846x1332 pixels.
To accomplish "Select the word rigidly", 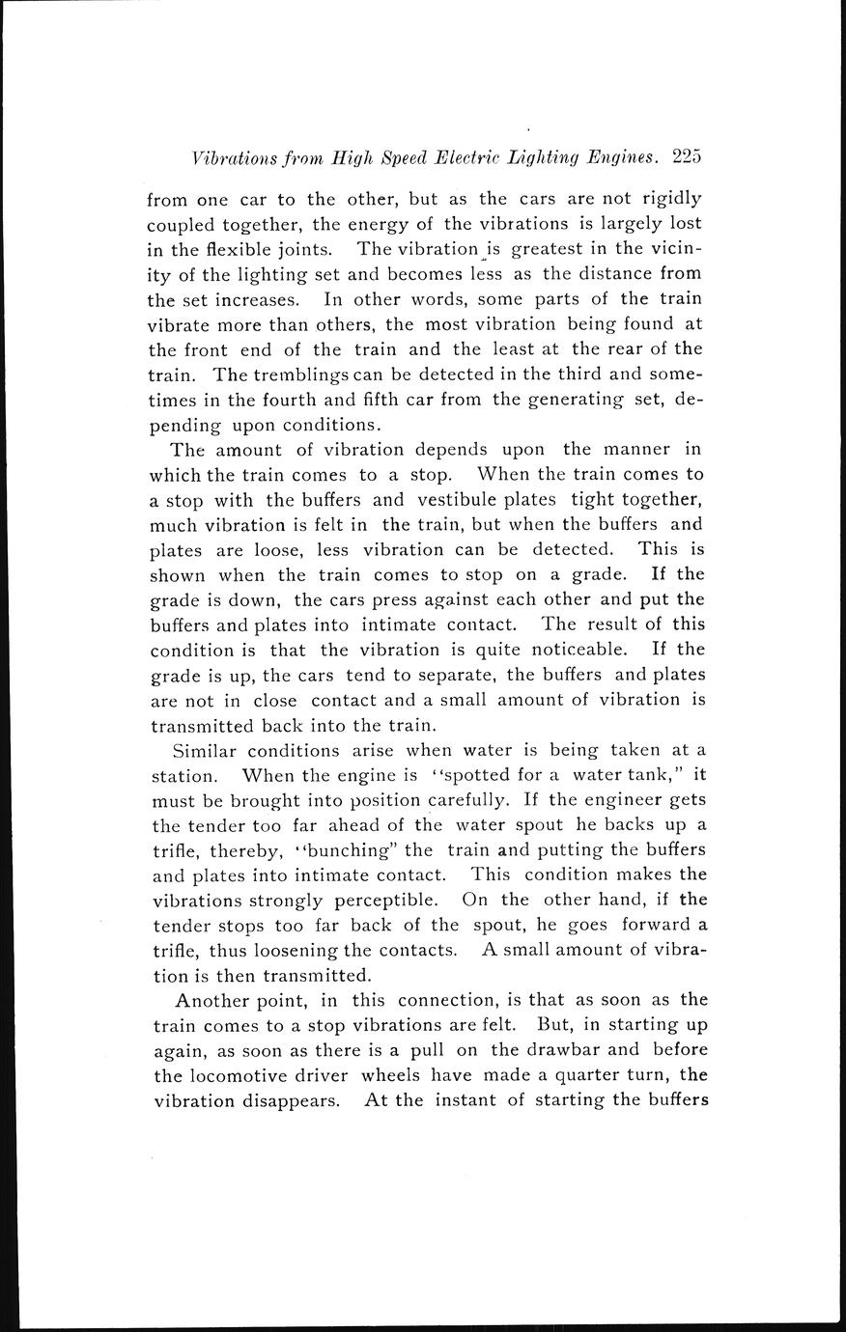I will [669, 199].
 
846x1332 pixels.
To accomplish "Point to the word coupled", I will [183, 224].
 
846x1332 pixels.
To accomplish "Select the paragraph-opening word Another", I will [211, 999].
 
